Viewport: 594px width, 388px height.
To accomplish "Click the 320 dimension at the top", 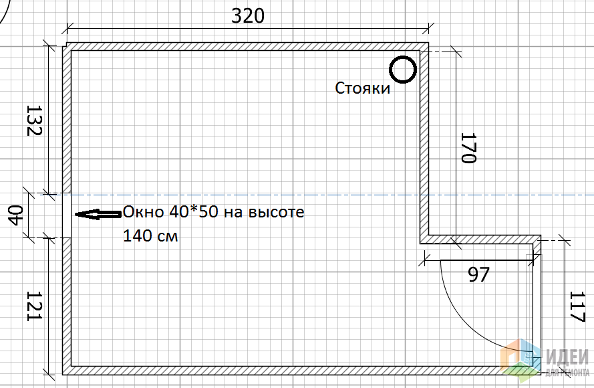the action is click(x=248, y=16).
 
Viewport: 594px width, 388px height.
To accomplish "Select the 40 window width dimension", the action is click(x=16, y=215).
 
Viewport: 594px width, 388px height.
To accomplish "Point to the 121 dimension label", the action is click(x=35, y=306).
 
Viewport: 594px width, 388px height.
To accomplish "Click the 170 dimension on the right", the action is click(x=468, y=148).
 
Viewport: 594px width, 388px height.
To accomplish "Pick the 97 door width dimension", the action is click(x=479, y=274).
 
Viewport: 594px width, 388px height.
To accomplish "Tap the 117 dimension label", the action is click(x=577, y=306).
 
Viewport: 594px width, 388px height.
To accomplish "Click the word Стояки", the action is click(x=363, y=88).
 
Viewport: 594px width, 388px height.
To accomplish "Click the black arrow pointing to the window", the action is click(x=98, y=214).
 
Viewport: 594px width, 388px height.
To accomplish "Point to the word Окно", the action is click(x=144, y=211).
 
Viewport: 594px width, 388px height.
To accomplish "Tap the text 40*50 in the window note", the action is click(x=194, y=211).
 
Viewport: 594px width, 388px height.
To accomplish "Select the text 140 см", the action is click(x=150, y=236).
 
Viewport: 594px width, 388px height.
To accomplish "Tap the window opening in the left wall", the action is click(x=67, y=216).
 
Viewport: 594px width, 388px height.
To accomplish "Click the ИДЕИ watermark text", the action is click(x=567, y=357).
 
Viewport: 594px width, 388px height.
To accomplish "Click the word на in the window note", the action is click(x=233, y=212).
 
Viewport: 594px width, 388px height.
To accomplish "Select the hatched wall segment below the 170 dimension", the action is click(x=480, y=239).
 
